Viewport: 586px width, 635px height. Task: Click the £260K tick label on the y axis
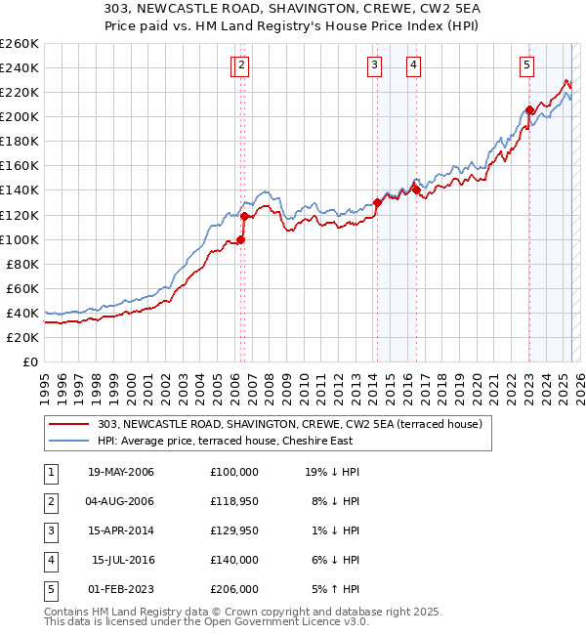(x=19, y=44)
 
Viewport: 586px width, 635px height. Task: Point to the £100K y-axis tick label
(x=19, y=239)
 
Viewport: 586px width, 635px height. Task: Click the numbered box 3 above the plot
(x=374, y=65)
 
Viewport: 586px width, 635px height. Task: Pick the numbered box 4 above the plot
(x=414, y=65)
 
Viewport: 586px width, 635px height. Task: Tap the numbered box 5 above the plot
(x=526, y=65)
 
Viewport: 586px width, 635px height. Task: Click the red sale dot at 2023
(x=528, y=109)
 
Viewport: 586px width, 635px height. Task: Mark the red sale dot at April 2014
(x=377, y=202)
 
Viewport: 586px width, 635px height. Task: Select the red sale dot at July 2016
(x=416, y=190)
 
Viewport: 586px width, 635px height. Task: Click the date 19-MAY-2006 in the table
(x=121, y=472)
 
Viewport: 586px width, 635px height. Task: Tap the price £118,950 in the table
(x=234, y=501)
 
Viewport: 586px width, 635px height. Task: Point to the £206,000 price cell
(x=234, y=589)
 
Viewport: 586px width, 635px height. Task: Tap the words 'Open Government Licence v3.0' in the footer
(x=286, y=621)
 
